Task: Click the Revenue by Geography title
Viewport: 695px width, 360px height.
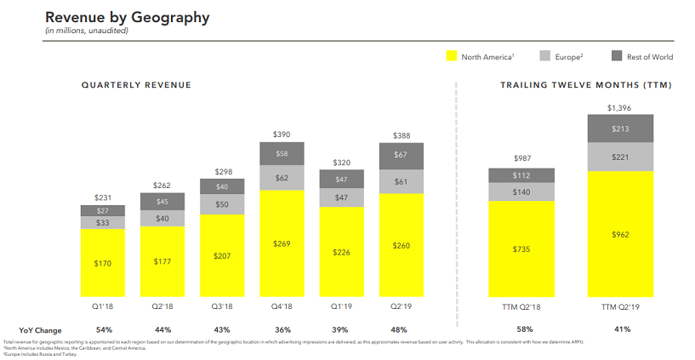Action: click(127, 17)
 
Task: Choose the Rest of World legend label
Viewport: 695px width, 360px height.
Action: click(651, 57)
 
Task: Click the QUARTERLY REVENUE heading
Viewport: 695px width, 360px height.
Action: click(136, 85)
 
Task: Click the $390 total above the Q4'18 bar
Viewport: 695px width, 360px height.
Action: click(281, 134)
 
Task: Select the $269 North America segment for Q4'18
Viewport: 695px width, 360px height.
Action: click(281, 244)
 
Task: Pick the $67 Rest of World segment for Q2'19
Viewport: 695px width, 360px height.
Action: click(401, 155)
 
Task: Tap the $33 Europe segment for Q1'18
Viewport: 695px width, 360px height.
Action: click(102, 223)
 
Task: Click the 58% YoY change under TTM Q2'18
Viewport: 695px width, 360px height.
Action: click(521, 329)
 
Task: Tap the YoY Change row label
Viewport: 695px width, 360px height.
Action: click(39, 329)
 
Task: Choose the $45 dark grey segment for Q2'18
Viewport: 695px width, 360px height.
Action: click(162, 202)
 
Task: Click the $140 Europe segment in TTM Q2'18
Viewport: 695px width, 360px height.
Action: click(521, 192)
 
